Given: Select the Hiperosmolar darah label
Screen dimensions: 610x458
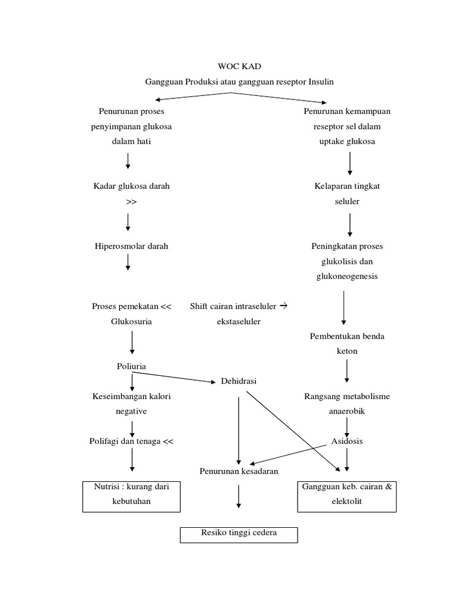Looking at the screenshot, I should tap(131, 246).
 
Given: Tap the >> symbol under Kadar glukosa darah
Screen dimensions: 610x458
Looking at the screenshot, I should tap(131, 201).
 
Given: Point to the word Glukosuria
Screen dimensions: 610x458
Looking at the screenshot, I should tap(131, 321).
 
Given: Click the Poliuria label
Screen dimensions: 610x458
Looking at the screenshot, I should tap(131, 366).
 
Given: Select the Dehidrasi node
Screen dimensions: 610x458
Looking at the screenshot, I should tap(239, 381).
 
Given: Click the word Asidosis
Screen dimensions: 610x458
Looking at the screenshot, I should tap(347, 441).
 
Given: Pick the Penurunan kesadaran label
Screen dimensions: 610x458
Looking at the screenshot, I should tap(239, 471).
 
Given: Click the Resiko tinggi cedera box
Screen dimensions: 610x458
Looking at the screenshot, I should tap(239, 534).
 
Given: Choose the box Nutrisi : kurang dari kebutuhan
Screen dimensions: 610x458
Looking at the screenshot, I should tap(131, 494).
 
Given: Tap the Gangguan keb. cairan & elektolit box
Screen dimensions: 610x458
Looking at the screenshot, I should tap(347, 494).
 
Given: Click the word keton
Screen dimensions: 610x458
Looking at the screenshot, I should tap(347, 351).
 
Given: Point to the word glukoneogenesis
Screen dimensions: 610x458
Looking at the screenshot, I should tap(347, 276).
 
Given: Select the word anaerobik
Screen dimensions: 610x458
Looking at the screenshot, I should tap(347, 411).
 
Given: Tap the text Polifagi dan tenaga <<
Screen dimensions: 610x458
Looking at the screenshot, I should tap(131, 441).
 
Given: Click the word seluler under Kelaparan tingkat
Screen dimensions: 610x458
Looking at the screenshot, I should tap(347, 201).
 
